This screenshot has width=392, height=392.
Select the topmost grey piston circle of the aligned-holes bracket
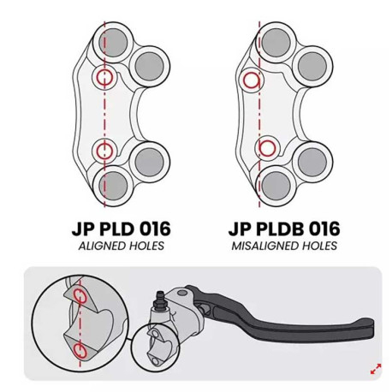click(x=113, y=42)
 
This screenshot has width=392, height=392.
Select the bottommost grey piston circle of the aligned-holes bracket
click(x=113, y=186)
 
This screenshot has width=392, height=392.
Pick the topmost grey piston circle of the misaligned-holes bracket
click(x=276, y=42)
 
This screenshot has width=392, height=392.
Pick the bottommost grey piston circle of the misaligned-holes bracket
click(x=276, y=186)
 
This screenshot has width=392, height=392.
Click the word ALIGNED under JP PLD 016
click(x=101, y=246)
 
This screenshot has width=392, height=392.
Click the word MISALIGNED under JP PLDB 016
click(x=263, y=246)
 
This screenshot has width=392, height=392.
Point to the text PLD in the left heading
click(x=111, y=229)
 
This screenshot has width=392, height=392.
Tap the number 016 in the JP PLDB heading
click(x=325, y=229)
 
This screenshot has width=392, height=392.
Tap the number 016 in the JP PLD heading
click(x=156, y=229)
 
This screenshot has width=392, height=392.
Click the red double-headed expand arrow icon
click(x=376, y=369)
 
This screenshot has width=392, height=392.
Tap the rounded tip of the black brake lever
click(x=371, y=328)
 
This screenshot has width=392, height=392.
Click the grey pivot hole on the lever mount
click(x=182, y=293)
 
